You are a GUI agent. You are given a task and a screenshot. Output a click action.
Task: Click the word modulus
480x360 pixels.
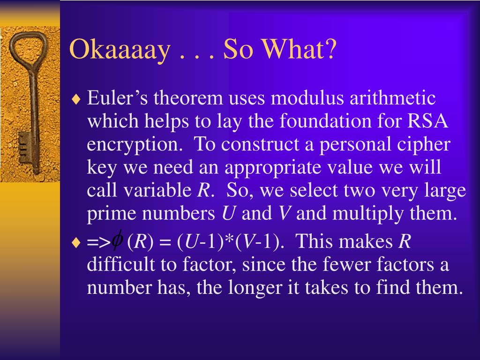pos(307,98)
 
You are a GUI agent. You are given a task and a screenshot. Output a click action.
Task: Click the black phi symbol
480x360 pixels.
pos(117,240)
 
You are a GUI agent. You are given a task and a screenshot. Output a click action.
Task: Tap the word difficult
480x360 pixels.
pos(121,264)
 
